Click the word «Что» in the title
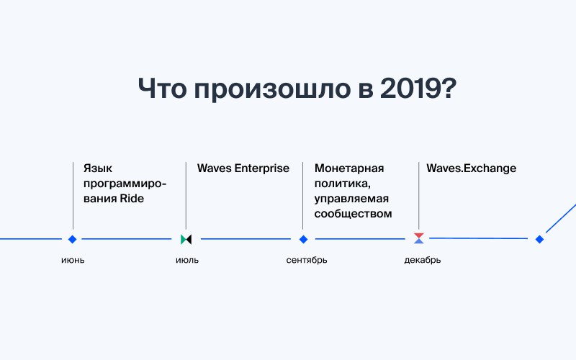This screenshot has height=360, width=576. (162, 88)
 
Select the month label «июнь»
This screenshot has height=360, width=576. (73, 260)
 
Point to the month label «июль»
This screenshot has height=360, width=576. (187, 260)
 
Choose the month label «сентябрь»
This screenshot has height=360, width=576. (307, 260)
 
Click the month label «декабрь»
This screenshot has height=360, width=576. (423, 260)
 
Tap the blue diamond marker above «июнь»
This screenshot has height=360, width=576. (73, 239)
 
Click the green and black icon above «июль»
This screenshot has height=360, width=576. (186, 240)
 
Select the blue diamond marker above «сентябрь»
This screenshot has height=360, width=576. (303, 239)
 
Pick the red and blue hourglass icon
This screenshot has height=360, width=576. (419, 238)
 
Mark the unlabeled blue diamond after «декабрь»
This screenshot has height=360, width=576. (539, 239)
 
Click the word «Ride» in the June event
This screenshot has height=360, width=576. (132, 199)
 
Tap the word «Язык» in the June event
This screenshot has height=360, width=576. (98, 168)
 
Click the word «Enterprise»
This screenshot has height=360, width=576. (262, 168)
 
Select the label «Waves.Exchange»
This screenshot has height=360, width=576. (472, 168)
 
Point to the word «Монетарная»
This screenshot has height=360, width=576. (349, 168)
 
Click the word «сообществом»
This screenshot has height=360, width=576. (353, 214)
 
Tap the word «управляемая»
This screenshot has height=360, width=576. (351, 199)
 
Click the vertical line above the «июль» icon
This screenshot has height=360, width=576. (186, 195)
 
